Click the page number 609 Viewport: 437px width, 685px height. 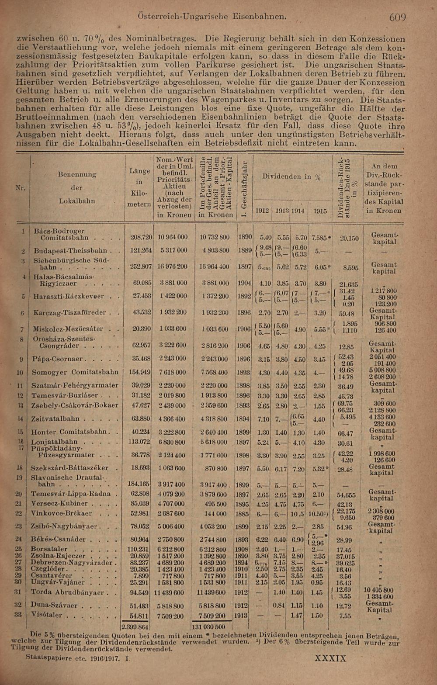click(397, 17)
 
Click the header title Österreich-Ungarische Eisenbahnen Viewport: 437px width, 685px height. click(212, 17)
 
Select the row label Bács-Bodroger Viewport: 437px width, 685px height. click(59, 231)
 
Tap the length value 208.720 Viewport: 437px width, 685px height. click(141, 237)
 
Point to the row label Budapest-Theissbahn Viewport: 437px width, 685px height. click(70, 251)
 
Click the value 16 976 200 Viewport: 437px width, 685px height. click(173, 266)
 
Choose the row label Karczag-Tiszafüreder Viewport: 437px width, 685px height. click(69, 313)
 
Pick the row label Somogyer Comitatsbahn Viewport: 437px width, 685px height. click(75, 372)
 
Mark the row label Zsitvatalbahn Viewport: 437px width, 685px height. click(55, 419)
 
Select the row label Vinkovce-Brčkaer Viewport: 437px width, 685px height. click(61, 513)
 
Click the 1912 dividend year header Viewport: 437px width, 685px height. click(262, 211)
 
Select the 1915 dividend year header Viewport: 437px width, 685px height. click(320, 211)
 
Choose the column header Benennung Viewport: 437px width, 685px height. click(77, 174)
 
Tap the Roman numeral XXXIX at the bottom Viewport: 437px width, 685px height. click(330, 658)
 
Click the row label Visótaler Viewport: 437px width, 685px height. click(47, 615)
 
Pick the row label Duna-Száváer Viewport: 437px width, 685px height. click(54, 605)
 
